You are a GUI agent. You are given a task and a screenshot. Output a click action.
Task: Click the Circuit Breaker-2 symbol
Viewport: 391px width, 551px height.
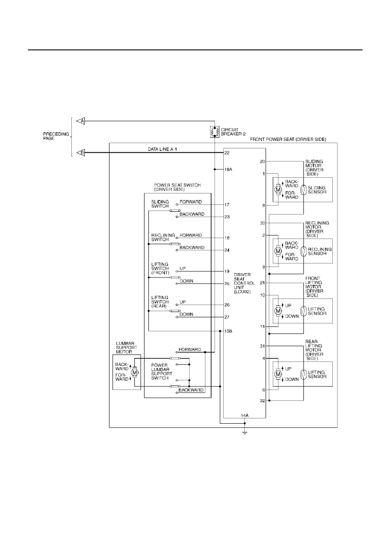pos(215,132)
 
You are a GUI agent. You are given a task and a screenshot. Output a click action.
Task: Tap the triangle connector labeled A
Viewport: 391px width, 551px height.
pos(81,121)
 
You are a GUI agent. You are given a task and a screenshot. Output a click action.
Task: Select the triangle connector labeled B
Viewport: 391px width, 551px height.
pos(81,153)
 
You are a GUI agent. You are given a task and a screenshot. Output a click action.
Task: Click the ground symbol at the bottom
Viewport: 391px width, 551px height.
pos(245,433)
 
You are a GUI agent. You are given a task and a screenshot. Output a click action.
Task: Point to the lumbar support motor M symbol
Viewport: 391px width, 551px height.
pos(134,373)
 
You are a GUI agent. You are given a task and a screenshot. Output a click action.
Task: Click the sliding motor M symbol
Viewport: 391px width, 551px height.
pos(278,190)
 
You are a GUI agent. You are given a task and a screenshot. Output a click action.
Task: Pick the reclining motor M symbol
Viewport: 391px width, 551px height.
pos(278,251)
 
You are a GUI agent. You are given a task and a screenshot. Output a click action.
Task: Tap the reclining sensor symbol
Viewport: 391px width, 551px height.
pos(303,251)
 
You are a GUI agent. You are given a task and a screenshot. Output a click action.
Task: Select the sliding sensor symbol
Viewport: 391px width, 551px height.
pos(303,190)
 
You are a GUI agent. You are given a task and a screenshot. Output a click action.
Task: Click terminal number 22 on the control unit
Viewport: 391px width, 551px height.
pos(227,153)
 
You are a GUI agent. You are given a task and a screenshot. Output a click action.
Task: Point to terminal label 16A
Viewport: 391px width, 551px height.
pos(229,169)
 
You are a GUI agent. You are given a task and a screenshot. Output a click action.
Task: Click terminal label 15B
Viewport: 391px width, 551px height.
pos(229,331)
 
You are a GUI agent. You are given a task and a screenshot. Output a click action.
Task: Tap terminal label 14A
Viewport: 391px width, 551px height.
pos(245,415)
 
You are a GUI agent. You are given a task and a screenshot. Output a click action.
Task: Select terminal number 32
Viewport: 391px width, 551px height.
pos(263,401)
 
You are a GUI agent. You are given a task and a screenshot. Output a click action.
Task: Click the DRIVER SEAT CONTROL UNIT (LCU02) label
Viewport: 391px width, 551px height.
pos(244,283)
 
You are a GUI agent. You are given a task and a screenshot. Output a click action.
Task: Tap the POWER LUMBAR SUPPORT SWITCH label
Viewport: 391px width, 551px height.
pos(162,372)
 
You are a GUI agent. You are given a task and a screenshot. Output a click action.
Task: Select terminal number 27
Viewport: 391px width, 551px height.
pos(227,317)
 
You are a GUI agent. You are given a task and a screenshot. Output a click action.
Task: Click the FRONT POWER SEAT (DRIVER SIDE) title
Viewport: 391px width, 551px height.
pos(288,140)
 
